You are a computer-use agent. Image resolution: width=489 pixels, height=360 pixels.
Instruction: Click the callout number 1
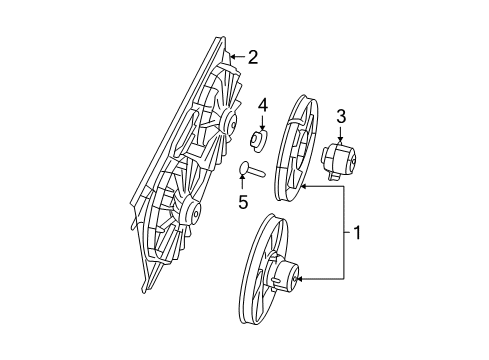click(357, 235)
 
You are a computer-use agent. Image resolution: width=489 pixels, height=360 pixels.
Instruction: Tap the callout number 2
click(253, 57)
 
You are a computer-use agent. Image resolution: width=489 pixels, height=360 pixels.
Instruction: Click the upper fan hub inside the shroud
click(229, 125)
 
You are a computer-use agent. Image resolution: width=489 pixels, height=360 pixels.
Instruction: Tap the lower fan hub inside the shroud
click(188, 212)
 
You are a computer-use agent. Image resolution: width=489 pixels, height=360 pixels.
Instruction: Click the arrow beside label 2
click(236, 58)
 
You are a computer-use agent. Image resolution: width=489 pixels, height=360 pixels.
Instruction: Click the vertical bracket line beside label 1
click(345, 231)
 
